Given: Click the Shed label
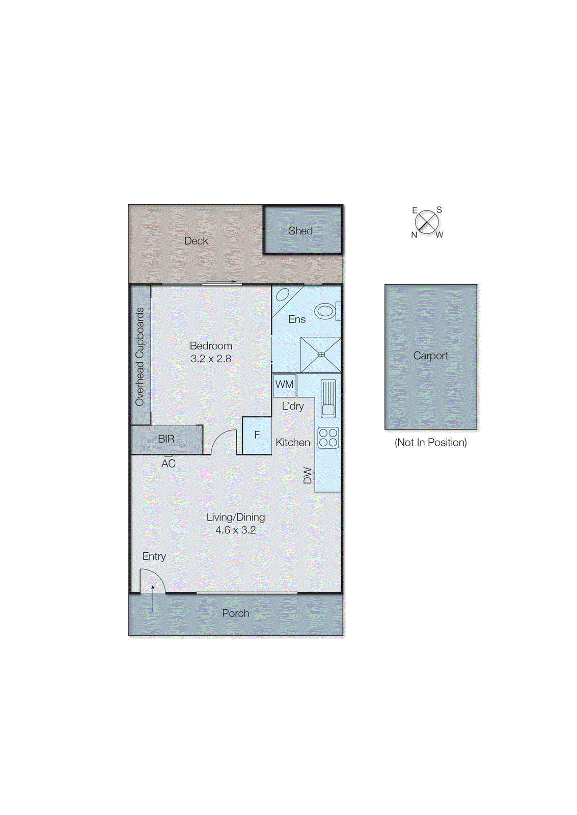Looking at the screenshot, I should coord(300,231).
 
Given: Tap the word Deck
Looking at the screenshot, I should coord(196,241).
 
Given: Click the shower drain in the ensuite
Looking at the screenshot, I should coord(321,355).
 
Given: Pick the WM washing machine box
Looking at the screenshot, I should coord(284,385).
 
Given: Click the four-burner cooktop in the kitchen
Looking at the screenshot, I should coord(328,438).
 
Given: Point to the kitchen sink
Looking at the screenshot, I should coord(328,398).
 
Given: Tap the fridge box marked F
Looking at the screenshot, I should coord(257,435).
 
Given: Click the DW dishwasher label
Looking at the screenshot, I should coord(308,475).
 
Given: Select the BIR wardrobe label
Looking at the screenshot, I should coord(166,439).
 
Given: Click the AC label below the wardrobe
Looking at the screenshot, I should coord(169,464).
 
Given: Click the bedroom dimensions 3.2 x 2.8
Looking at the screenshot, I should coord(211,359).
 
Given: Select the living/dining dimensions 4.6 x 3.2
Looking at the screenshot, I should coord(235,530).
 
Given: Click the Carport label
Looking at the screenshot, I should coord(430,356).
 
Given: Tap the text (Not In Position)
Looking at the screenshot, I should coord(430,443).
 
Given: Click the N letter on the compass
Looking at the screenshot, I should coord(414,235).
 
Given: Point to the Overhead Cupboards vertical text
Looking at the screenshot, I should coord(140,357).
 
